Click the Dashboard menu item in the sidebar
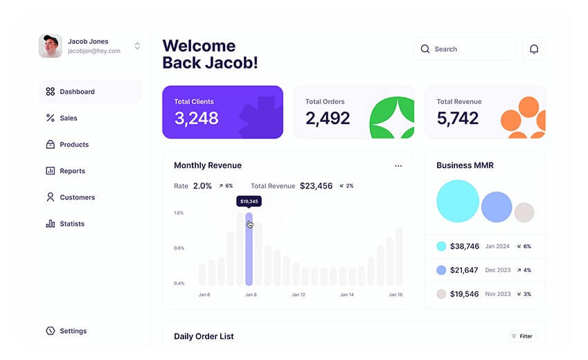[x=76, y=91]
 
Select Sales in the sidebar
[x=68, y=118]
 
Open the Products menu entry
[x=73, y=145]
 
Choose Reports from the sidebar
[x=72, y=171]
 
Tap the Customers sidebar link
[x=77, y=197]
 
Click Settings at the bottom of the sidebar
[x=73, y=331]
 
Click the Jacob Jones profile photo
[x=51, y=46]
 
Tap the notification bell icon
[x=534, y=49]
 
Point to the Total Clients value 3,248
[x=196, y=118]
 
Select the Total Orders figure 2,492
[x=328, y=118]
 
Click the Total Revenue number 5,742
[x=457, y=118]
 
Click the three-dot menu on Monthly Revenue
[x=398, y=166]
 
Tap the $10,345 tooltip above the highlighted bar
[x=249, y=201]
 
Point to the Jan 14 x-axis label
[x=346, y=295]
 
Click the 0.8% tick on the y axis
[x=179, y=248]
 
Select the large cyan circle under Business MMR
[x=458, y=201]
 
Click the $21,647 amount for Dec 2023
[x=464, y=270]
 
